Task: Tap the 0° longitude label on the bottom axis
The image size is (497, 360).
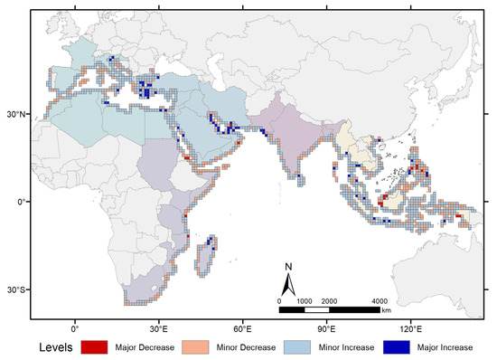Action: [75, 327]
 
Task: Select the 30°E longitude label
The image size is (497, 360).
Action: [159, 327]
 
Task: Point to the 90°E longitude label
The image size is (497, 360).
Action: [327, 327]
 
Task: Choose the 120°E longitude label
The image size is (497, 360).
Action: [411, 327]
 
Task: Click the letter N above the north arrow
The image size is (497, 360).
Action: [287, 266]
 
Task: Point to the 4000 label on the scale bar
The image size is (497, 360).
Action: [380, 300]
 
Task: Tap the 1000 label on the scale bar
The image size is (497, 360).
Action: [305, 300]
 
